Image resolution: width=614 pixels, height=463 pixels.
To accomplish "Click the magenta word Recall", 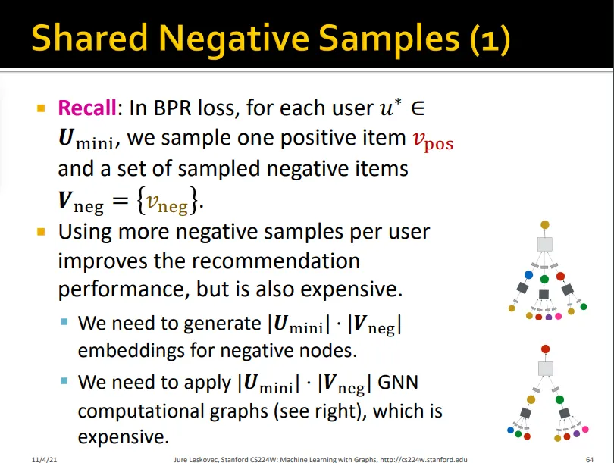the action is click(87, 108).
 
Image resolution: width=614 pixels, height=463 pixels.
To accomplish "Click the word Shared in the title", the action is click(89, 38).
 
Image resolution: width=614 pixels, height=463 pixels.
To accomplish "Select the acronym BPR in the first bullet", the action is click(172, 108).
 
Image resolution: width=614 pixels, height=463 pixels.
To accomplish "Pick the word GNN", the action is click(398, 383).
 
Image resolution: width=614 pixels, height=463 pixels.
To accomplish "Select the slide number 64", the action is click(589, 459).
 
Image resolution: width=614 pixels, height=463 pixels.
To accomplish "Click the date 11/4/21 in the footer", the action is click(44, 459).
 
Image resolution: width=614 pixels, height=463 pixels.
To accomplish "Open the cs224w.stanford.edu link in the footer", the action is click(424, 459).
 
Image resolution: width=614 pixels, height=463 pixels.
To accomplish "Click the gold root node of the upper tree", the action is click(545, 224).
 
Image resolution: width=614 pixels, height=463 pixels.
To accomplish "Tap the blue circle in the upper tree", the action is click(528, 275).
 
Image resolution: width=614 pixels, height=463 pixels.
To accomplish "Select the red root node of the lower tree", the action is click(545, 349).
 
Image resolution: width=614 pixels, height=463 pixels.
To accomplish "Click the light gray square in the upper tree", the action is click(545, 245).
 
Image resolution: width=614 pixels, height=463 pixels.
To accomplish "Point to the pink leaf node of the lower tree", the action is click(585, 430).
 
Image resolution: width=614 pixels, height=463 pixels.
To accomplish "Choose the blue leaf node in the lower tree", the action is click(510, 430).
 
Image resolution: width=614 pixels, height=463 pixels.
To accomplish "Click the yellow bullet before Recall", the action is click(41, 108).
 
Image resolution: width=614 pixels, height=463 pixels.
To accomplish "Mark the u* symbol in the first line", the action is click(390, 107).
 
